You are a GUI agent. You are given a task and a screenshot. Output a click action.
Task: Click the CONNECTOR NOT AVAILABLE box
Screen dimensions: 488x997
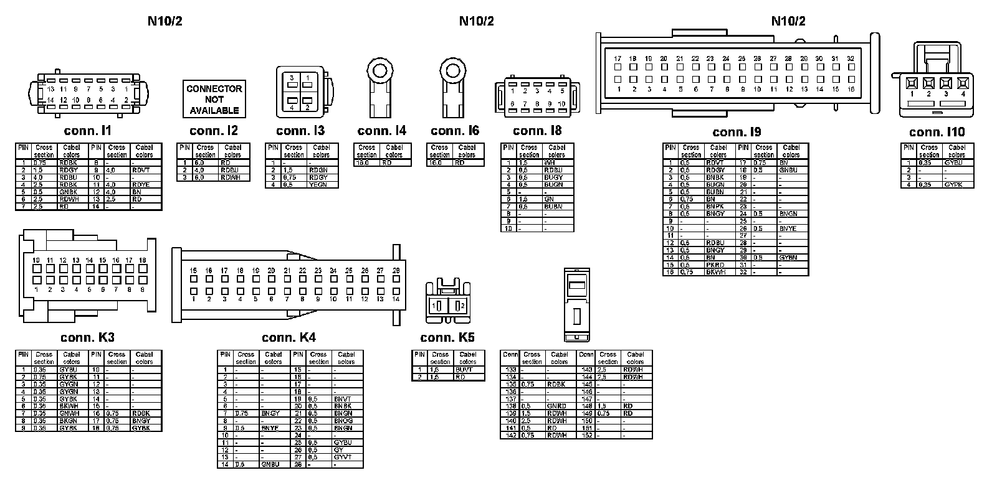click(214, 99)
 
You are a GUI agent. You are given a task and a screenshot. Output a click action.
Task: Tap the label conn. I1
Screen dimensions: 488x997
click(87, 131)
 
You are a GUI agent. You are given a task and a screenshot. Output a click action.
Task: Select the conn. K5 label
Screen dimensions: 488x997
click(447, 337)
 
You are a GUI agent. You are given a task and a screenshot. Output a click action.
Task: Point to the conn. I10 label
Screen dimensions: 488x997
click(937, 132)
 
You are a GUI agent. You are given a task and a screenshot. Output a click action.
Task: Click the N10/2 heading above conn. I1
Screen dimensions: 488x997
click(165, 21)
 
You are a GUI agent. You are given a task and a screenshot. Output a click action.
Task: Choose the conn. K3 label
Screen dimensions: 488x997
click(87, 337)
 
